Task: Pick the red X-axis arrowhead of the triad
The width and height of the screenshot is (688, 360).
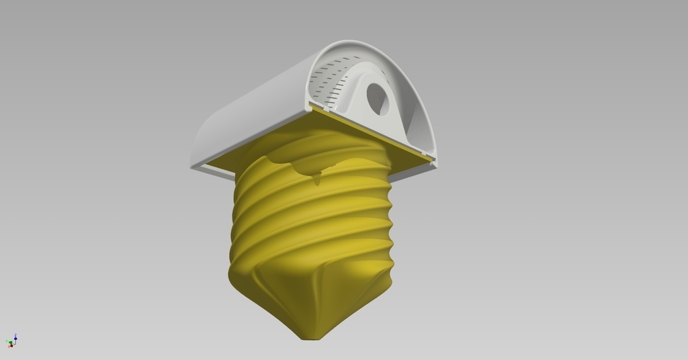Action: (11, 346)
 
